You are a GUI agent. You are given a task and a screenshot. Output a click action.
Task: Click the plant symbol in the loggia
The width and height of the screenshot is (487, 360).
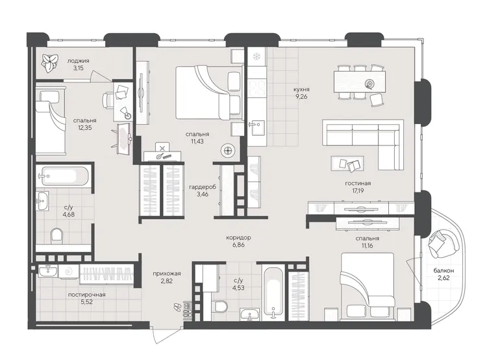(x=50, y=63)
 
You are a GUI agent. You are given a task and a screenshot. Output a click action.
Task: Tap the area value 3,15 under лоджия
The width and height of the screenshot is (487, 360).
(x=79, y=68)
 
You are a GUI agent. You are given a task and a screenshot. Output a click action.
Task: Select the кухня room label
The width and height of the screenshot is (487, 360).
(x=301, y=90)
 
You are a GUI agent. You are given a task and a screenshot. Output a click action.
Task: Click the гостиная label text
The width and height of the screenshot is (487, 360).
(x=358, y=183)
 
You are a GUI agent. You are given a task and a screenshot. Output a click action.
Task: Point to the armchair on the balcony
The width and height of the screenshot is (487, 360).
(x=443, y=243)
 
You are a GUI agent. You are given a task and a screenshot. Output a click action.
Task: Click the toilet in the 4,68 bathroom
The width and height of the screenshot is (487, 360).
(x=57, y=236)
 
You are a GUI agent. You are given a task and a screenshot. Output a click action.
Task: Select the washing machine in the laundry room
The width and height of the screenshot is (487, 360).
(x=69, y=272)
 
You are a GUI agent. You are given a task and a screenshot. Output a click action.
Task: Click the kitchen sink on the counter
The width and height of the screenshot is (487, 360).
(x=258, y=128)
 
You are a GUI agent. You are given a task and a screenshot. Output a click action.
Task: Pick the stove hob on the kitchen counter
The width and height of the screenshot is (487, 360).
(x=257, y=88)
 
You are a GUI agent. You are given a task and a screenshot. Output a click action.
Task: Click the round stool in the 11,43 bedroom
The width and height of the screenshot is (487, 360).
(x=228, y=151)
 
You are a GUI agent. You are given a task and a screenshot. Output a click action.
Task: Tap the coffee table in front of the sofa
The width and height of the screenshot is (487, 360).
(x=347, y=164)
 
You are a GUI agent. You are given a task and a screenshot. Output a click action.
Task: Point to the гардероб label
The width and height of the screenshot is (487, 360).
(x=203, y=187)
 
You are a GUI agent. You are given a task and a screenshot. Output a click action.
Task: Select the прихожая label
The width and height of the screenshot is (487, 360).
(x=167, y=274)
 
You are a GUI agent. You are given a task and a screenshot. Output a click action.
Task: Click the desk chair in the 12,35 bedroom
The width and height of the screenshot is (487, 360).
(x=108, y=99)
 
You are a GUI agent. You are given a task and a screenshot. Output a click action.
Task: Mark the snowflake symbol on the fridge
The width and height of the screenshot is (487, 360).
(x=256, y=57)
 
